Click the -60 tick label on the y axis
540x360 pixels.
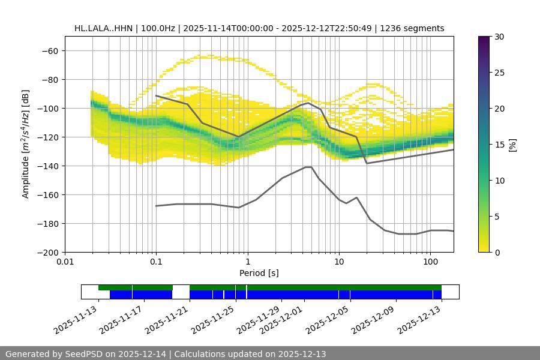(50, 50)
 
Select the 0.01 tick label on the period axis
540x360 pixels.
(65, 262)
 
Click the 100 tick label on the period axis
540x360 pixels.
(430, 262)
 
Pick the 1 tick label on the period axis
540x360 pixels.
(247, 262)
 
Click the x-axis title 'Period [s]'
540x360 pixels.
(259, 273)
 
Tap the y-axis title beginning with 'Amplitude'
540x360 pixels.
(25, 144)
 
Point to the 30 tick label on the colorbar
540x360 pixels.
(499, 37)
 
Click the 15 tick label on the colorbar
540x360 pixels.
(499, 145)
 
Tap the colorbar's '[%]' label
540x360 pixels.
(512, 145)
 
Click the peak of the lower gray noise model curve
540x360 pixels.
(308, 167)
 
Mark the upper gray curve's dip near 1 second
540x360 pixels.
(238, 137)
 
